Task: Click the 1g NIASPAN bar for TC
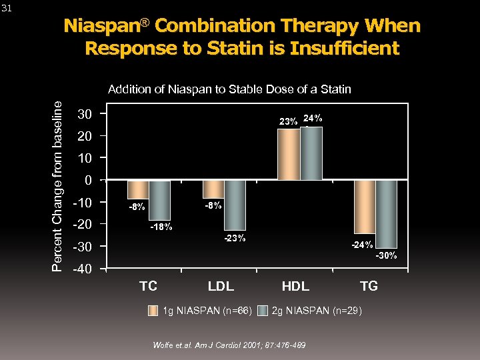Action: (138, 189)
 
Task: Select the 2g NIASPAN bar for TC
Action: (159, 200)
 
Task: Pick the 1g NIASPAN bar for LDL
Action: (213, 189)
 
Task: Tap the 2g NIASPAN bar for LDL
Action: (235, 205)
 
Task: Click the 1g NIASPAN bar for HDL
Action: (289, 154)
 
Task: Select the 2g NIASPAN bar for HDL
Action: (311, 153)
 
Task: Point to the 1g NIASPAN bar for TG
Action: (364, 207)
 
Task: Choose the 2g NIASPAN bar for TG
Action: (386, 213)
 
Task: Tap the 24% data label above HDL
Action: (313, 118)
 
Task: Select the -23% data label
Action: (235, 238)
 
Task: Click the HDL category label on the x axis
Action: (295, 286)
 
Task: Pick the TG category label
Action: (369, 286)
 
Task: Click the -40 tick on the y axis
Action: (81, 269)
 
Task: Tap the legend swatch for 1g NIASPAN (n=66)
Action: (153, 310)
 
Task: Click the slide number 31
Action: (7, 8)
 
